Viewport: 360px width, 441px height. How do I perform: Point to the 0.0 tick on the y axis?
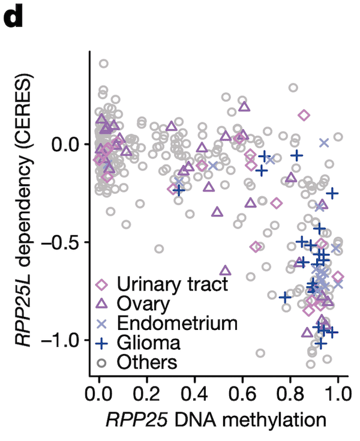[x=67, y=144]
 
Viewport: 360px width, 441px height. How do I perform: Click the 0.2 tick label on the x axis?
[x=146, y=397]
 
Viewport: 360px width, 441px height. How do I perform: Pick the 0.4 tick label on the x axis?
[x=194, y=397]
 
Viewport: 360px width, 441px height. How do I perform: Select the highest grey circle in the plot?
[x=103, y=64]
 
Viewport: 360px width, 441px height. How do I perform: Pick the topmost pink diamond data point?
[x=304, y=115]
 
